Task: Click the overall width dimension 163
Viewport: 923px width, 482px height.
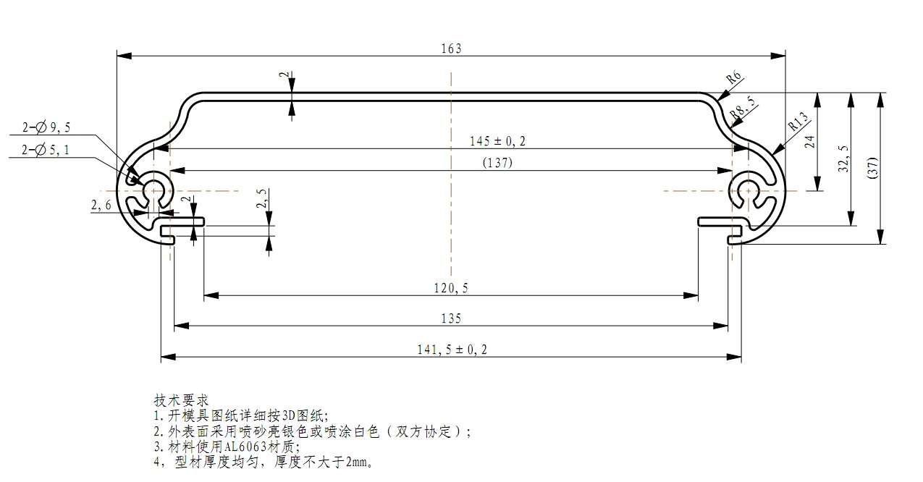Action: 451,48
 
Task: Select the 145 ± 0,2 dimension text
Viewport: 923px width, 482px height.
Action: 497,140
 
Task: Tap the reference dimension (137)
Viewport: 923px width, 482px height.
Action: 497,163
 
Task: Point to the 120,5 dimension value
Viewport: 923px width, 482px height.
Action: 451,288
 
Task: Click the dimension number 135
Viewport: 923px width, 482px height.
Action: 451,318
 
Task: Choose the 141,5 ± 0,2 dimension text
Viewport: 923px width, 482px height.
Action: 451,350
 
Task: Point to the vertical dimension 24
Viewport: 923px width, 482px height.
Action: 810,142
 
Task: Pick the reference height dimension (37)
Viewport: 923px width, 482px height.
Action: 872,168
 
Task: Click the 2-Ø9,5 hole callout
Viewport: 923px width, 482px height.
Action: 47,127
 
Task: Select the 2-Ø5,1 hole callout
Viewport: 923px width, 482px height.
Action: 47,150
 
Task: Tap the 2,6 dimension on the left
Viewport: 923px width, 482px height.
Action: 101,206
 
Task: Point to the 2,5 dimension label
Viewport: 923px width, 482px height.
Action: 263,199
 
